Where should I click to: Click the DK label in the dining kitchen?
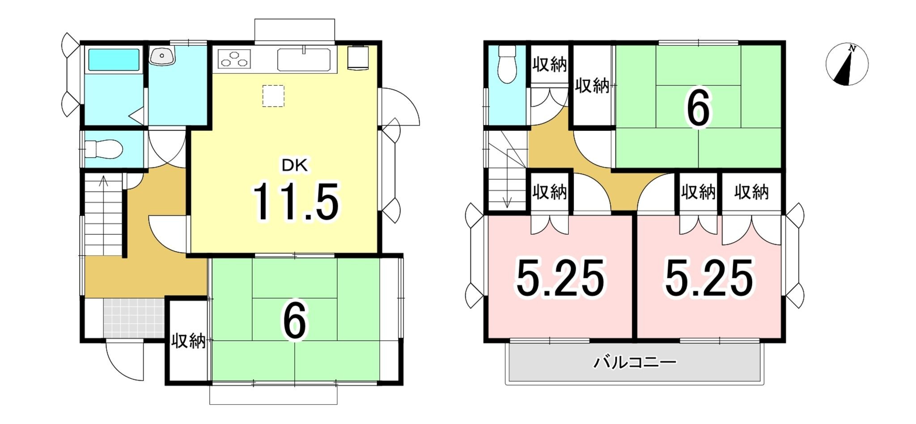click(294, 166)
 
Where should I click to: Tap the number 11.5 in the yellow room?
click(296, 202)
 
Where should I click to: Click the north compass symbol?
click(847, 64)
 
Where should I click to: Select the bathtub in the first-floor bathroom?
click(114, 60)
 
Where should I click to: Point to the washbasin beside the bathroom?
click(162, 56)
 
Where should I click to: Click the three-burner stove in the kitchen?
click(234, 59)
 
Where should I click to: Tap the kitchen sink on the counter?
click(304, 60)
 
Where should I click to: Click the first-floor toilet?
click(103, 149)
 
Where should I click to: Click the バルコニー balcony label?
click(635, 362)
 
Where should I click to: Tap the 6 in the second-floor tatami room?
click(698, 108)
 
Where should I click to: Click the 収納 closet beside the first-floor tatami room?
click(188, 341)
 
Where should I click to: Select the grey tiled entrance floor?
click(134, 318)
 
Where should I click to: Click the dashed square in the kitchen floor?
click(273, 96)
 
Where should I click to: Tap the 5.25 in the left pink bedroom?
click(560, 278)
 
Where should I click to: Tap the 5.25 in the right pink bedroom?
click(709, 278)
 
